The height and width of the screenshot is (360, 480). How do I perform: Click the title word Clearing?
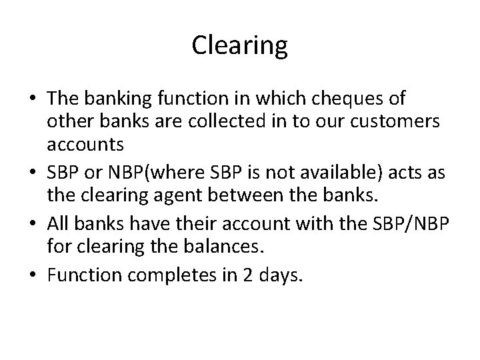(x=239, y=46)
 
